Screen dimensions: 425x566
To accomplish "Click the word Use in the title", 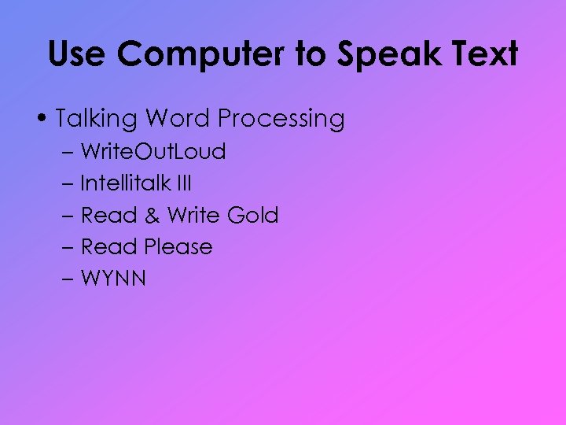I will point(76,54).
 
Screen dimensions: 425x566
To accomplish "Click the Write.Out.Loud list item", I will point(153,152).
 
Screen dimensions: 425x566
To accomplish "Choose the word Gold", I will point(252,215).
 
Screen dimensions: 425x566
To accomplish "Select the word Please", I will point(178,246).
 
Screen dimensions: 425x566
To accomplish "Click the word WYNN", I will point(113,278).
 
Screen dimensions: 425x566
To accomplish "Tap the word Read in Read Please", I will point(109,246).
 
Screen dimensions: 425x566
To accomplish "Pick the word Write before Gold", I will point(193,215).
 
